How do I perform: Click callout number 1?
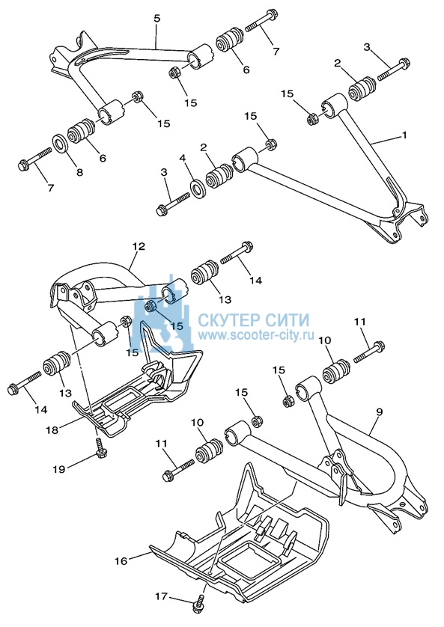(404, 135)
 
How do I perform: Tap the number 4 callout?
(183, 159)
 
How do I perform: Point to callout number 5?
(156, 19)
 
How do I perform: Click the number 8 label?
(79, 172)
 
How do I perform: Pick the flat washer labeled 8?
(61, 144)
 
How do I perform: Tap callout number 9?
(380, 412)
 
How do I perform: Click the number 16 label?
(121, 561)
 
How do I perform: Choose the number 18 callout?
(52, 430)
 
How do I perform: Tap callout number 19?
(59, 468)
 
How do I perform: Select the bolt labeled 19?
(98, 447)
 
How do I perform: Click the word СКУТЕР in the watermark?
(226, 320)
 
